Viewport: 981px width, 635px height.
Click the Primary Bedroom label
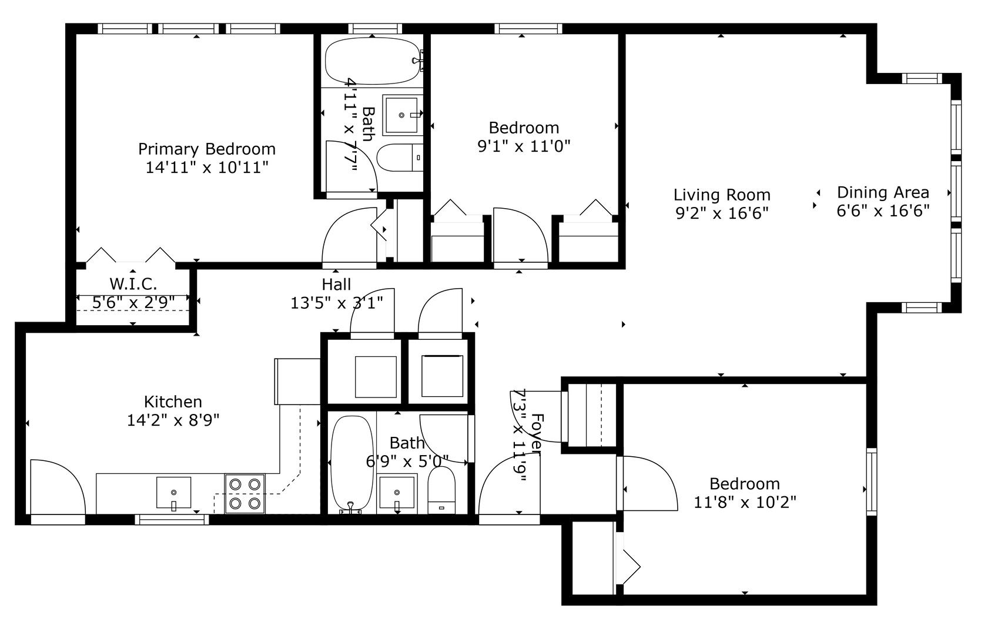(x=206, y=149)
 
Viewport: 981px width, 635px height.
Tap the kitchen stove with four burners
(x=245, y=494)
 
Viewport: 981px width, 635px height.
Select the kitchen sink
(x=173, y=493)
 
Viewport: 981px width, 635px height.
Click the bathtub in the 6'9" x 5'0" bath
(x=351, y=463)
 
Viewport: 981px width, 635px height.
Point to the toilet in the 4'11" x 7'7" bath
(x=400, y=158)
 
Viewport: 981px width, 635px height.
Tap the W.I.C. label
(x=133, y=284)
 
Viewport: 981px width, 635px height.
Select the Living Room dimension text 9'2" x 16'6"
(x=722, y=213)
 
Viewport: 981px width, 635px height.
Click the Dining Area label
(x=882, y=192)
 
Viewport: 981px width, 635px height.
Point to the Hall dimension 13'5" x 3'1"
(x=336, y=303)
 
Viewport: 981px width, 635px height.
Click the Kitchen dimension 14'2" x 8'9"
(x=173, y=420)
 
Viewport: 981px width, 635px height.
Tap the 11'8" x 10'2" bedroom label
(x=744, y=484)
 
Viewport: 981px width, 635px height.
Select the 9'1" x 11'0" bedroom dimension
(x=524, y=146)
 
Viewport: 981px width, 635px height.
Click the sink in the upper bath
(x=403, y=115)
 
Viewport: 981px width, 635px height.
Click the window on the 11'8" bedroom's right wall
(x=870, y=482)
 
